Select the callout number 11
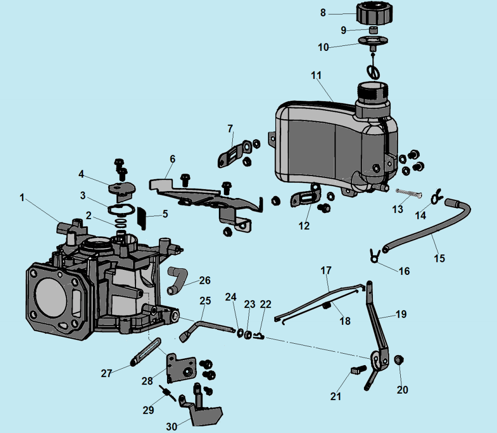click(316, 76)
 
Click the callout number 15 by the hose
click(439, 258)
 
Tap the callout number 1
click(22, 198)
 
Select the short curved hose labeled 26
click(177, 279)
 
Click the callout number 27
click(106, 373)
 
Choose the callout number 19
click(401, 314)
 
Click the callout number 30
click(172, 426)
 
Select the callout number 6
click(172, 159)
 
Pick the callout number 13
click(397, 210)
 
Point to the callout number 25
click(205, 300)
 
